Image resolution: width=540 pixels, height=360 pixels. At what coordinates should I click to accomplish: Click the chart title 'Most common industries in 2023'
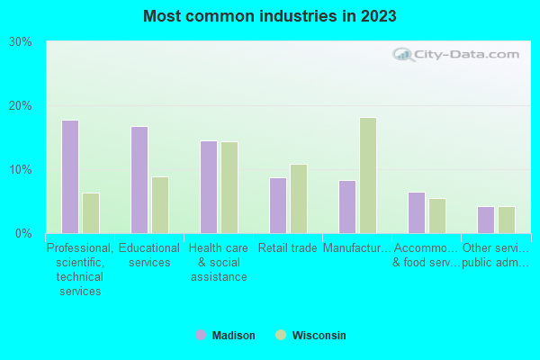(269, 16)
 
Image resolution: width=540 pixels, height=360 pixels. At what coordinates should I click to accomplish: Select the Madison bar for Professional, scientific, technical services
(69, 176)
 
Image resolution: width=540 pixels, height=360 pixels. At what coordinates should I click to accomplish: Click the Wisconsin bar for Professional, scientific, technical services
(91, 213)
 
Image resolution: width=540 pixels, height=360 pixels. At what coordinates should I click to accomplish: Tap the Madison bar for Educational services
(139, 180)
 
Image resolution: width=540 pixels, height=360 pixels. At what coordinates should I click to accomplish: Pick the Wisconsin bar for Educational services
(160, 205)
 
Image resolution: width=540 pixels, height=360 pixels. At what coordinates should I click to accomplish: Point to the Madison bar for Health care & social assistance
(208, 187)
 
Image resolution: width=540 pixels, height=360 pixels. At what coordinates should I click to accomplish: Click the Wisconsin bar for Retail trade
(299, 199)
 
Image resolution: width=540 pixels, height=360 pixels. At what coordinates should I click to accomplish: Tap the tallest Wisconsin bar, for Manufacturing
(368, 175)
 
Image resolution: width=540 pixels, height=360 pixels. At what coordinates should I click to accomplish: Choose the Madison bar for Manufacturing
(346, 207)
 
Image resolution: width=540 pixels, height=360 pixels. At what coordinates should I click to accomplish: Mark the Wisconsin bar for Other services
(507, 220)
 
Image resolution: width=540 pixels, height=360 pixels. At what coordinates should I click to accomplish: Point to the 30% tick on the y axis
(21, 42)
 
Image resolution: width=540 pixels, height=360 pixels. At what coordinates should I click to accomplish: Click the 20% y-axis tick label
(21, 106)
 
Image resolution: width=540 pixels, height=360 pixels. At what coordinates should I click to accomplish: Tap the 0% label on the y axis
(23, 234)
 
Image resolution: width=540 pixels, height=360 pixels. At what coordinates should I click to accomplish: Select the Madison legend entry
(225, 336)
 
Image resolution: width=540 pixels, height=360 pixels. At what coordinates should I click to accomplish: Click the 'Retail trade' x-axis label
(287, 248)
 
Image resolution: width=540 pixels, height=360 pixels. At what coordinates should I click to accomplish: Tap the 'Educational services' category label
(149, 256)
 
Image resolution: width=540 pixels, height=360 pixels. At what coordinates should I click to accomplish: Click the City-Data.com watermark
(458, 54)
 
